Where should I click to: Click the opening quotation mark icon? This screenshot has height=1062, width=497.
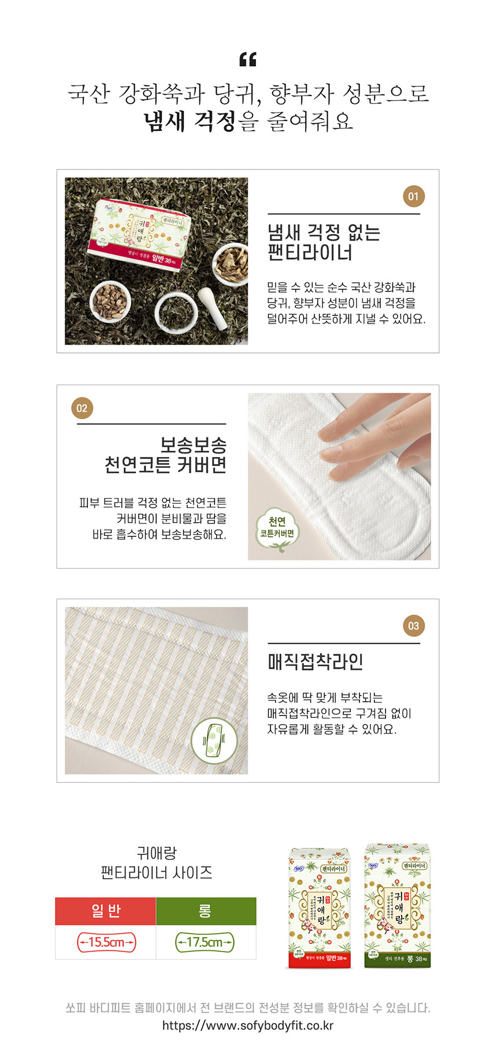[247, 60]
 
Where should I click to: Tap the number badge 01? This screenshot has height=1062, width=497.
[413, 196]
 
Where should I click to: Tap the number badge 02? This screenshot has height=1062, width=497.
[82, 408]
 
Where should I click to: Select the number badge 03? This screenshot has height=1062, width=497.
[413, 625]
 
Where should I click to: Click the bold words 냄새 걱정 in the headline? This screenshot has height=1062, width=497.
[190, 121]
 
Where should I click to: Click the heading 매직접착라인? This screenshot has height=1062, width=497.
[316, 662]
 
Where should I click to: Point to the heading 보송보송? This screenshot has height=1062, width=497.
[193, 445]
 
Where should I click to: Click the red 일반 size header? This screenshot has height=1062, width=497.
[106, 911]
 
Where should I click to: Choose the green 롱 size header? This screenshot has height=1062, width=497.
[205, 911]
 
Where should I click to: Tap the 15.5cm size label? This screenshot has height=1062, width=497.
[106, 942]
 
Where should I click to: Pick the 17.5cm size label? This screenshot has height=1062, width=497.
[205, 942]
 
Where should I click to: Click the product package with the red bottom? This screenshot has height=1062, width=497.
[320, 908]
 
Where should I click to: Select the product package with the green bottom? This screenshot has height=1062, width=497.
[398, 906]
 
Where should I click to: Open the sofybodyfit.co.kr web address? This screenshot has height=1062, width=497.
[248, 1026]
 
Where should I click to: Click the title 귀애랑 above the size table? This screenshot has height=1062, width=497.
[157, 853]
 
